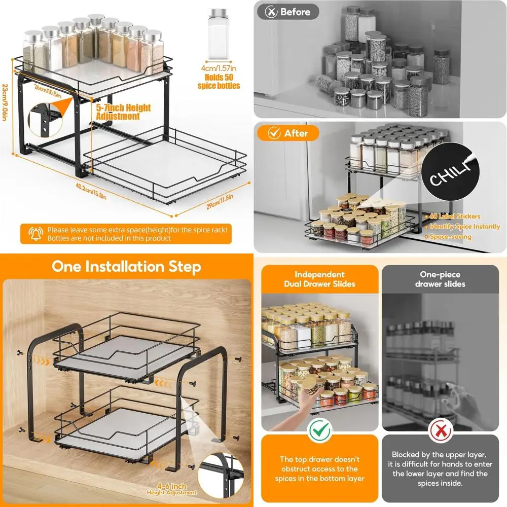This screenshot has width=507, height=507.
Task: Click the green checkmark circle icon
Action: (x=319, y=431)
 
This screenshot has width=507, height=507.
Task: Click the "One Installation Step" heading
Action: (x=126, y=267)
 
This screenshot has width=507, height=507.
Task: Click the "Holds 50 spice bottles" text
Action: (x=219, y=82)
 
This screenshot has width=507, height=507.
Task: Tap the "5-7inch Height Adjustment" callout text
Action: (x=124, y=112)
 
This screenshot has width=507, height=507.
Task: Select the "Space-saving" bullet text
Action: (x=451, y=237)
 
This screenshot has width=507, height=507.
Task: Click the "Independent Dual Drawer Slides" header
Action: (x=319, y=279)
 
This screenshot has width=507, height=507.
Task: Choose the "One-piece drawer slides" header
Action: (x=440, y=279)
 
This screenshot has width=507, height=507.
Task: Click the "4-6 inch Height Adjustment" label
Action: (x=172, y=489)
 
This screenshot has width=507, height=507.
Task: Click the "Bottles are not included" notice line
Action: (x=109, y=238)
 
